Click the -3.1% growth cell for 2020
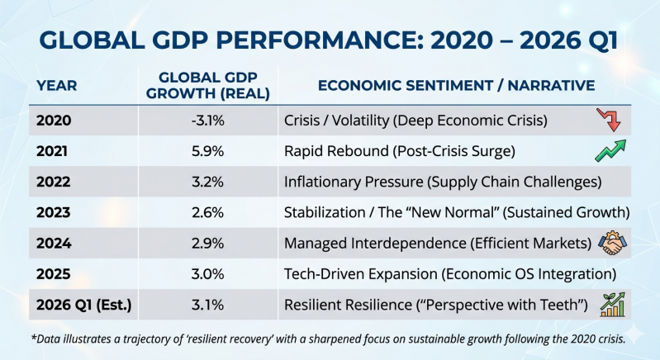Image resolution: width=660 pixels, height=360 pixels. pos(209,121)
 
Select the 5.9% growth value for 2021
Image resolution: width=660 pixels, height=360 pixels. pos(209,151)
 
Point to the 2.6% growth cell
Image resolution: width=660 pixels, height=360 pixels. pos(209,212)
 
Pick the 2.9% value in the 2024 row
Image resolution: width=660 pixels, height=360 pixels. pos(209,243)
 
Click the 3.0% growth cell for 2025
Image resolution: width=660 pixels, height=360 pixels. pos(209,273)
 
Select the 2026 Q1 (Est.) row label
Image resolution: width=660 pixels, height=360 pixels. pos(83,305)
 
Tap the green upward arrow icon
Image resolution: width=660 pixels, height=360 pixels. pos(610,151)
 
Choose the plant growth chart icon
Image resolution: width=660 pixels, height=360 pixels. pos(612,304)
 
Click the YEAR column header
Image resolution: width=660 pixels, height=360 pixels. pos(55,85)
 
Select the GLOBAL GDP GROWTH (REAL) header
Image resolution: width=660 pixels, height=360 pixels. pos(208,85)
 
